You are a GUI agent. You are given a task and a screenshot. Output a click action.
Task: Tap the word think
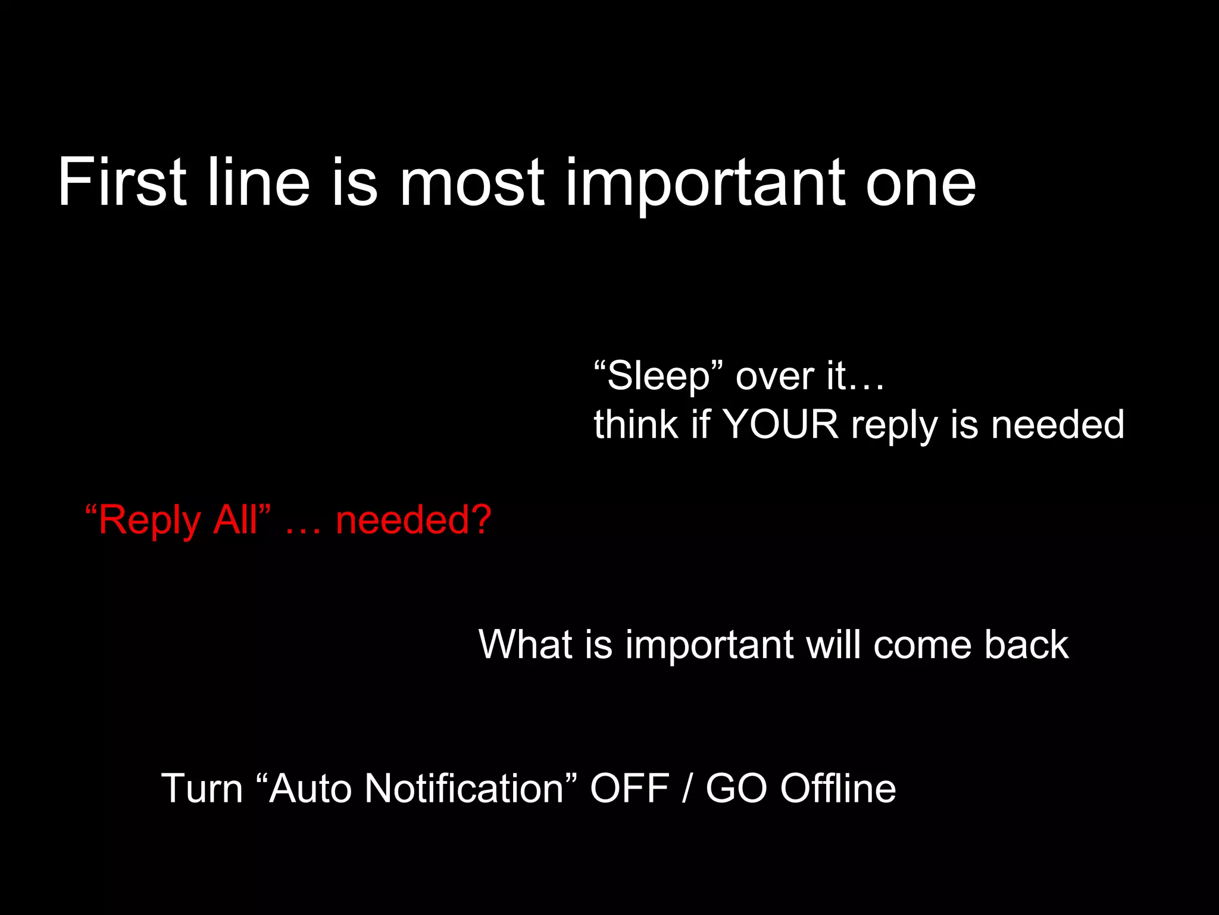coord(636,425)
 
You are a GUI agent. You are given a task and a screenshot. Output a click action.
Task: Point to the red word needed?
coord(414,519)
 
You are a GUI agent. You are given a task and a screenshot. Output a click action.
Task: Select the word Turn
coord(202,788)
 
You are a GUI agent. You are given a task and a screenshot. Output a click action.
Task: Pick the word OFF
coord(630,788)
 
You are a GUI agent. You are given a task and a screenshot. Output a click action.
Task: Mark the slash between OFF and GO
coord(687,788)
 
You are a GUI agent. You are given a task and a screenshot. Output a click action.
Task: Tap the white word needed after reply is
coord(1058,425)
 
